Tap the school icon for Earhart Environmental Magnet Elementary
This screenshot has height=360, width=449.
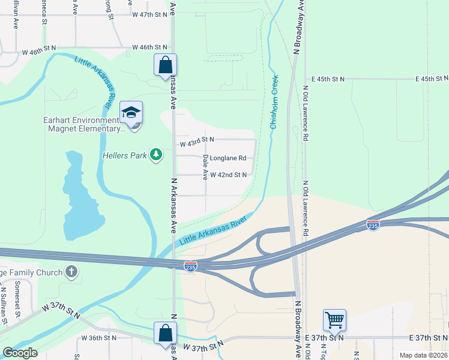[130, 112]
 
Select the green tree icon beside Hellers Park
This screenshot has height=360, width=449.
[156, 155]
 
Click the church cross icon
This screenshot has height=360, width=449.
[72, 272]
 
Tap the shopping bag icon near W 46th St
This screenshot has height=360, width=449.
[165, 65]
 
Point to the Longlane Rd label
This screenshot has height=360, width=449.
[228, 158]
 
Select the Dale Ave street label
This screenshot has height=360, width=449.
[205, 167]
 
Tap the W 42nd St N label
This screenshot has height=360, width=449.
[229, 175]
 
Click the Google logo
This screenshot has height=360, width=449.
[20, 353]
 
